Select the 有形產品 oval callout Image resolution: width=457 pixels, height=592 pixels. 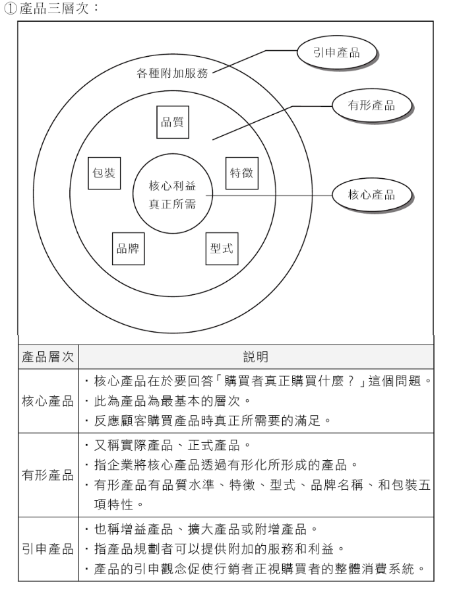[x=371, y=106]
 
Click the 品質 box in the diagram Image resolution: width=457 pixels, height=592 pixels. [x=173, y=121]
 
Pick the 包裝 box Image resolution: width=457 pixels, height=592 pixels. [x=103, y=173]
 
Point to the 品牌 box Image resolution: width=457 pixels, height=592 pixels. [x=128, y=248]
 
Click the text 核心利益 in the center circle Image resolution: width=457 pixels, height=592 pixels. [x=173, y=185]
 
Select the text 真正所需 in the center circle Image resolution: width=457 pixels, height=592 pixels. [x=173, y=204]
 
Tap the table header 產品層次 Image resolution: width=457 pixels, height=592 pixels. [x=49, y=357]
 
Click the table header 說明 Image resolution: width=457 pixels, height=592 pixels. [x=256, y=357]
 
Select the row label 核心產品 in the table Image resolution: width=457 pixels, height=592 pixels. [x=49, y=401]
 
